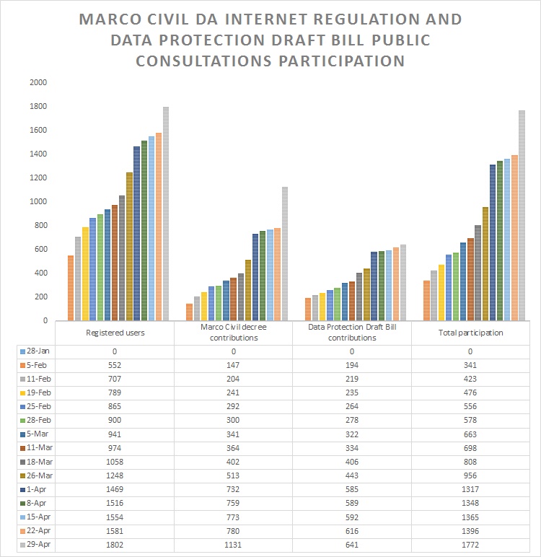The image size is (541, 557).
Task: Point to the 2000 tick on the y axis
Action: (x=38, y=82)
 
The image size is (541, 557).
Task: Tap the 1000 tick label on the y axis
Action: (x=38, y=201)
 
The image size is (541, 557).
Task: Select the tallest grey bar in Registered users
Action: (x=166, y=214)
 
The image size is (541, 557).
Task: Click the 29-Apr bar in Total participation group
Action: (x=522, y=215)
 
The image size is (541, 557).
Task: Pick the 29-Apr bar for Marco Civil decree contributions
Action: (x=284, y=253)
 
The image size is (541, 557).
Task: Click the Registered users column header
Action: (x=115, y=333)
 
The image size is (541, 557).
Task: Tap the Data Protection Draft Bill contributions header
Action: (x=352, y=333)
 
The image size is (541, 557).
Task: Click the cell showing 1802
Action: (x=115, y=545)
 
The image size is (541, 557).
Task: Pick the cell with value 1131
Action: (x=234, y=545)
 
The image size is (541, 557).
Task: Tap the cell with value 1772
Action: (x=470, y=545)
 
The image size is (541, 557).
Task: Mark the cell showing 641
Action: (x=352, y=545)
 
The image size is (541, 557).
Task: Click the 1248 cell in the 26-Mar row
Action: (x=115, y=475)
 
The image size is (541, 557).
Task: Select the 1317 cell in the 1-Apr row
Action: (x=470, y=489)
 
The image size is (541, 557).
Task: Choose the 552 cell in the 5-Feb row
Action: (x=115, y=364)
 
